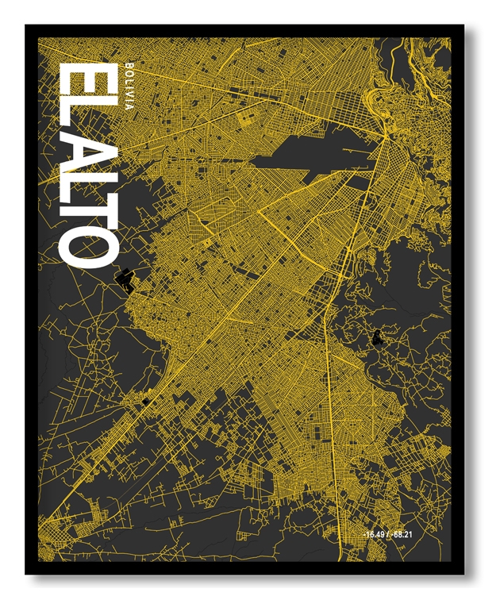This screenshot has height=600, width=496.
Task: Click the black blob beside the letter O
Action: point(125,279)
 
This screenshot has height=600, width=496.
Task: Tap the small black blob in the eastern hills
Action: point(376,340)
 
